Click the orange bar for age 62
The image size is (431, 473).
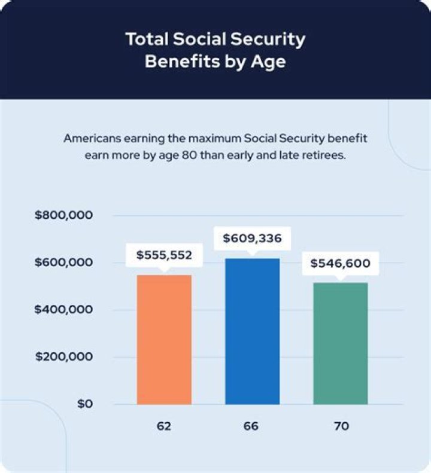165,340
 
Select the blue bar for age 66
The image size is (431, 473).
252,331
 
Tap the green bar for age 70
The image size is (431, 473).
341,344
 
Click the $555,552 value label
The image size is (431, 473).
165,255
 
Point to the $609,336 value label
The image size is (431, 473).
252,239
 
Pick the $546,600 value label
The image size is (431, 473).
340,263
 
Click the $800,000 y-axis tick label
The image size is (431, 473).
64,215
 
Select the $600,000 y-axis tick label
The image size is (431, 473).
64,263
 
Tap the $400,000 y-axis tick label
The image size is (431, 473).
64,310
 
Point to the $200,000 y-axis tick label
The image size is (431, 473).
64,357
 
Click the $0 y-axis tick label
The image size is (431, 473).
84,404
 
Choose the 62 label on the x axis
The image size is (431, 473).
164,427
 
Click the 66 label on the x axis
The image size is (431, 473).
252,427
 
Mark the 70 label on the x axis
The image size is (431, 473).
341,427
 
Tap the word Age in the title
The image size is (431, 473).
269,62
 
